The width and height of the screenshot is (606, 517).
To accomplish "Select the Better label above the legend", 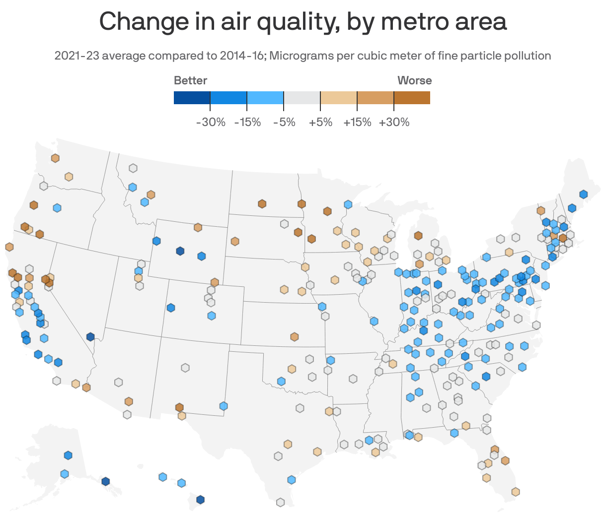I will click(190, 80).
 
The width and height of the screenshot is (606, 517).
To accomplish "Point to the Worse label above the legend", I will click(414, 80).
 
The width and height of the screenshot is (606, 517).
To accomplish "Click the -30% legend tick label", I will click(211, 122).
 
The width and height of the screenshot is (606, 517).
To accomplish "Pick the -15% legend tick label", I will click(247, 122).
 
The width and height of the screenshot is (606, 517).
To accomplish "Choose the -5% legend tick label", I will click(284, 122).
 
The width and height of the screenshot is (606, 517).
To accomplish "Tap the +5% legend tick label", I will click(320, 122).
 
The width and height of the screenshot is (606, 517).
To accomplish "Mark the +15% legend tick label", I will click(357, 122).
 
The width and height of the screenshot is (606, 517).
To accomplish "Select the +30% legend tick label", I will click(394, 122).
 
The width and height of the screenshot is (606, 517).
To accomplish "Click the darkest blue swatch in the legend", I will click(192, 98).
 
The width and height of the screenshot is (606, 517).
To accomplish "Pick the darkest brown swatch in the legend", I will click(412, 98).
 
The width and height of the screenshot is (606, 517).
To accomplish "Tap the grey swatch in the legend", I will click(302, 98).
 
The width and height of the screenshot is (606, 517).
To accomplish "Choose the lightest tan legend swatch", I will click(339, 98).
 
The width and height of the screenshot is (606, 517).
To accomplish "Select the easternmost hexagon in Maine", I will click(583, 194).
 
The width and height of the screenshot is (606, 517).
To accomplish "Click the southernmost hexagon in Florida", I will click(516, 492).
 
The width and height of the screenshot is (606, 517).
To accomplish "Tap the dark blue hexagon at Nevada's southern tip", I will click(90, 337).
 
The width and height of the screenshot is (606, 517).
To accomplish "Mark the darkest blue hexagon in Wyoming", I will click(180, 251).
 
